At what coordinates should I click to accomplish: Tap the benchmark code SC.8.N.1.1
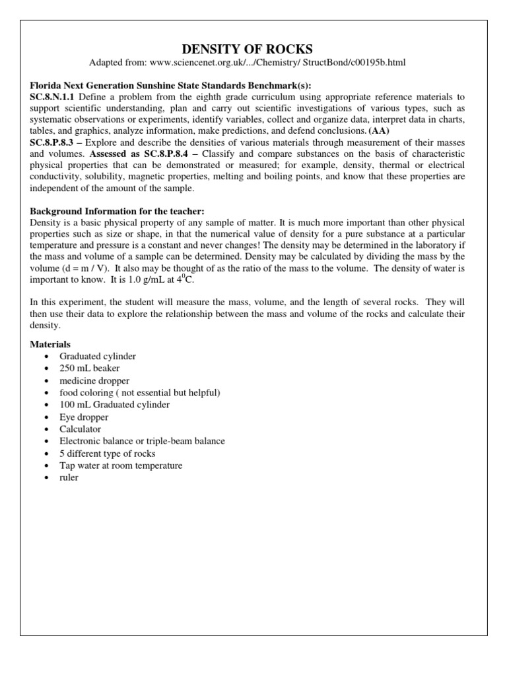point(53,96)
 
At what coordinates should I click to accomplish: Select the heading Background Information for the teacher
point(118,210)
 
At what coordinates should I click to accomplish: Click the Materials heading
point(51,345)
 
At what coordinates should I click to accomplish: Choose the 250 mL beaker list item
point(90,368)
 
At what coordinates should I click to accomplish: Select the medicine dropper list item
point(94,380)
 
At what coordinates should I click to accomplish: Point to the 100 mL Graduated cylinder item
point(114,405)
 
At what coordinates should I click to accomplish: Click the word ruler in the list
point(69,477)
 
